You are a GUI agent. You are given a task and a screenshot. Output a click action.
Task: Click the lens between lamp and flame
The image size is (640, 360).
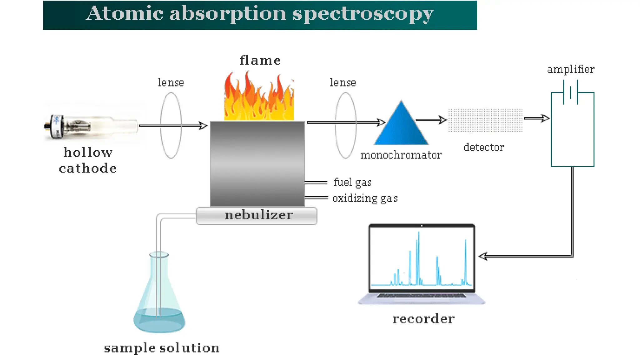tap(171, 125)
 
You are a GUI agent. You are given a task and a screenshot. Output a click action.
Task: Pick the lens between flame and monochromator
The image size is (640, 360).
tap(345, 125)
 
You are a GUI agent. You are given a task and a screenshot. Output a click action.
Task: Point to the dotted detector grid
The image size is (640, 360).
tap(485, 120)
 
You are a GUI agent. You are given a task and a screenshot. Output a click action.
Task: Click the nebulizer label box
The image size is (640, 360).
tap(257, 216)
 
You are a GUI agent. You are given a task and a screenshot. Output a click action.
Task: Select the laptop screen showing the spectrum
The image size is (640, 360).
tap(422, 258)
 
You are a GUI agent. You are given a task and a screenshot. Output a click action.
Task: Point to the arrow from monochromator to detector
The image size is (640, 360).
tap(431, 120)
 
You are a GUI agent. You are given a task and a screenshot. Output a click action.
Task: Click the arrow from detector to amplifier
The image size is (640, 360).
tap(537, 118)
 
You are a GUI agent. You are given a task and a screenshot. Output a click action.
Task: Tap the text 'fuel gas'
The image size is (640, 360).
tap(352, 182)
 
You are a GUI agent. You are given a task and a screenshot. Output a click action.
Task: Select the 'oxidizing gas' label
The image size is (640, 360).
tap(365, 198)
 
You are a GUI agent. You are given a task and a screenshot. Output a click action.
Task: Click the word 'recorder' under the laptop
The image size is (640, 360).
tap(423, 319)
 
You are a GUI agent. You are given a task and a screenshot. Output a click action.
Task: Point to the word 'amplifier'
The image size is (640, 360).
tap(571, 69)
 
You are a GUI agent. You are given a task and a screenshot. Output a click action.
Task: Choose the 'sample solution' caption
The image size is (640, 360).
tap(162, 348)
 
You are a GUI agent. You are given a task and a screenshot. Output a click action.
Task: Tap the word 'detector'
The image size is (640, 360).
tap(484, 147)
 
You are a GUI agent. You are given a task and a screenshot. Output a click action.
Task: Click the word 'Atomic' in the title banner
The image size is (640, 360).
tap(124, 14)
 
